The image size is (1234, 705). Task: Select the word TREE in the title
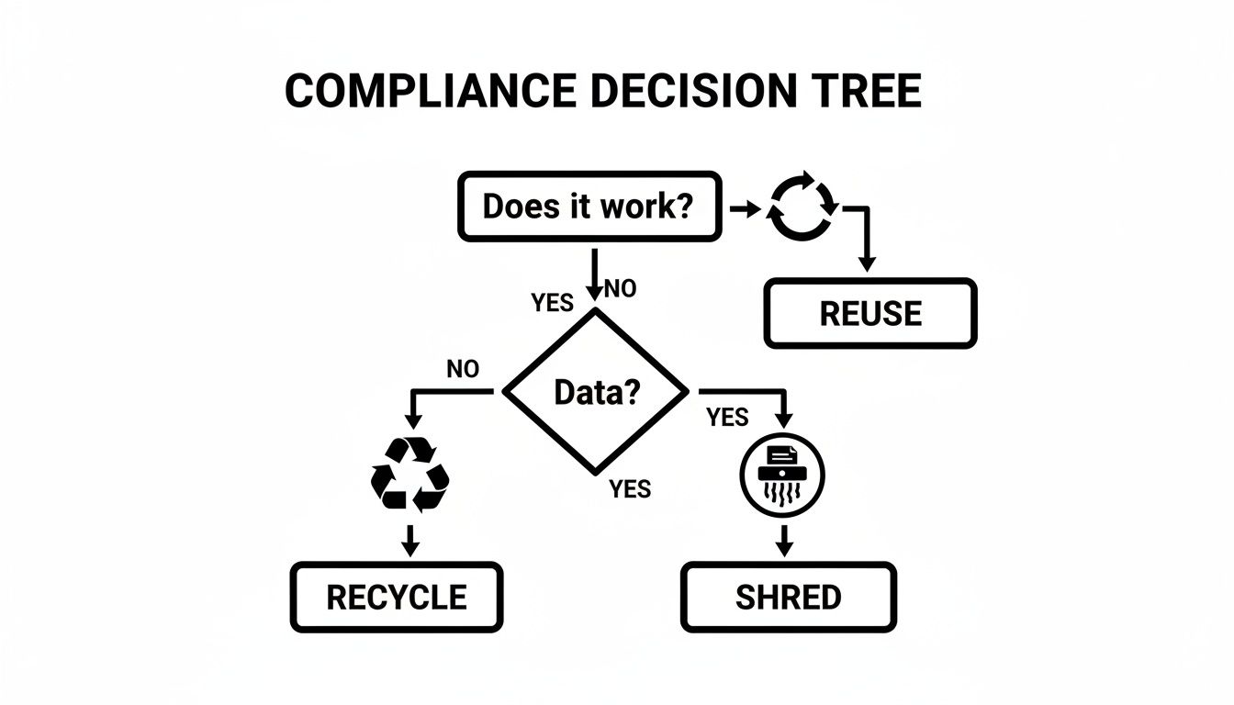click(x=868, y=91)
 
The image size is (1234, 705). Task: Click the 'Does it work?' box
click(x=588, y=207)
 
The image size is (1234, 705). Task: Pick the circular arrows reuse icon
click(x=802, y=206)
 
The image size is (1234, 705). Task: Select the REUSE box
click(x=869, y=314)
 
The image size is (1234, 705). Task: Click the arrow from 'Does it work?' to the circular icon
click(x=746, y=209)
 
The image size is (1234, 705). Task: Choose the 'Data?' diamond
click(x=596, y=392)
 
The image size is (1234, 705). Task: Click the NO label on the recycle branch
click(x=463, y=369)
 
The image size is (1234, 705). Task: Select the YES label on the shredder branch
click(x=727, y=418)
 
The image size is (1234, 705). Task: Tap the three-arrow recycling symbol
click(x=409, y=474)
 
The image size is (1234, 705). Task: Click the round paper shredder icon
click(x=782, y=475)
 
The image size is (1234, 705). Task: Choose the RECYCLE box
click(x=397, y=597)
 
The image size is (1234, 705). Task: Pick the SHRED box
click(x=788, y=597)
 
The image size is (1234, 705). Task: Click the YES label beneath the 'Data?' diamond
click(x=630, y=489)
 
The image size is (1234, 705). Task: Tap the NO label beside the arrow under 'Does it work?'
click(x=620, y=289)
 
